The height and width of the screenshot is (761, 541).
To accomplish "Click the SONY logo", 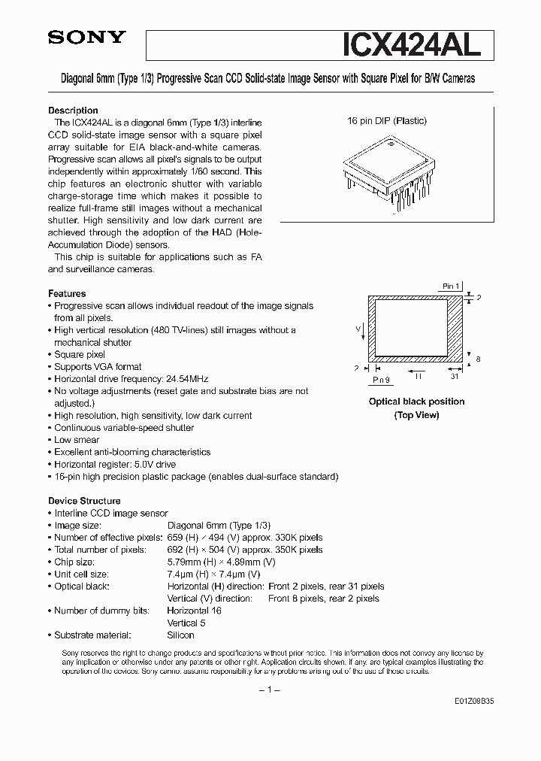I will click(x=87, y=38).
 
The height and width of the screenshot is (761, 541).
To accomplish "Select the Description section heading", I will click(x=74, y=110).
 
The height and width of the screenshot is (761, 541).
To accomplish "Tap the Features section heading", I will click(x=67, y=293).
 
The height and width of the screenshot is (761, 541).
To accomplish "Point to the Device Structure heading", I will click(x=84, y=501).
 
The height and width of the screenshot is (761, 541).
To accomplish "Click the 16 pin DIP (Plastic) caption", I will click(x=386, y=121).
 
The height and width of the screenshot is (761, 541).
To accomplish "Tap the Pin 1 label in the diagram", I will click(x=450, y=287).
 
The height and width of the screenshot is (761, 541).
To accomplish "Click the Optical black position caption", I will click(x=416, y=402).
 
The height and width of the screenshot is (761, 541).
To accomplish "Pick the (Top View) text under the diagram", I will click(x=416, y=415).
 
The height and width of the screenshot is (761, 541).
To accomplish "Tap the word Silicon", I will click(x=180, y=635).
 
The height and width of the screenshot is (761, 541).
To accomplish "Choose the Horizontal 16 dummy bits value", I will click(x=194, y=611).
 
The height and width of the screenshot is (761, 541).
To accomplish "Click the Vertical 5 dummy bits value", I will click(x=187, y=623).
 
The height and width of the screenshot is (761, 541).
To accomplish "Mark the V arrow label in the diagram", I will click(x=358, y=328).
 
